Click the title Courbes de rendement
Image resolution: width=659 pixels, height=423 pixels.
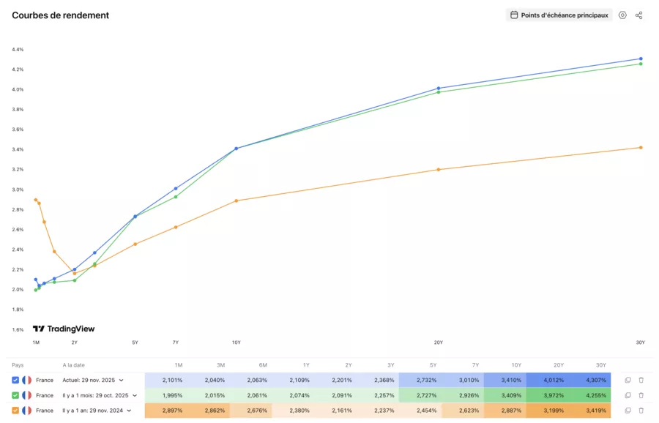tap(61, 15)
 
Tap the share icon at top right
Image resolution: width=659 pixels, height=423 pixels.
tap(638, 15)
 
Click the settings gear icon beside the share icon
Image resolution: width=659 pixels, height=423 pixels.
tap(622, 15)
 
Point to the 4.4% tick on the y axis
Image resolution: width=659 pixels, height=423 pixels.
tap(18, 50)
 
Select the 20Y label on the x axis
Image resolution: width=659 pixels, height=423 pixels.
tap(438, 342)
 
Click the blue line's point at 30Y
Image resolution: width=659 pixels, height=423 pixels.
tap(641, 59)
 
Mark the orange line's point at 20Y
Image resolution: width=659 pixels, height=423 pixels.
tap(439, 170)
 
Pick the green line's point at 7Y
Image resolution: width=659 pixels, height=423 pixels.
tap(176, 197)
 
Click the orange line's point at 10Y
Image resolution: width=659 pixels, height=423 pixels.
tap(236, 201)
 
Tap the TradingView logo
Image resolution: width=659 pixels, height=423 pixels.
tap(64, 329)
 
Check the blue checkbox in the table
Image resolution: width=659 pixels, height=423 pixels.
tap(16, 380)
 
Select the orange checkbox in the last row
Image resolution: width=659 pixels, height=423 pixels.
tap(16, 411)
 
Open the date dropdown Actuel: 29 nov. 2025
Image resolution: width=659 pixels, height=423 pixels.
tap(93, 380)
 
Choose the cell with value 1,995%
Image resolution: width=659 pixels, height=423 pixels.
tap(173, 395)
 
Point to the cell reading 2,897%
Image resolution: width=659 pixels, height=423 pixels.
tap(173, 411)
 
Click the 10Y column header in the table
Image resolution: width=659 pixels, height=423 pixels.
tap(517, 364)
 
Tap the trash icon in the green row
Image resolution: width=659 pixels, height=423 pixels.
tap(641, 395)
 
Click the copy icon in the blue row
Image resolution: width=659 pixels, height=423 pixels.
tap(628, 380)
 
